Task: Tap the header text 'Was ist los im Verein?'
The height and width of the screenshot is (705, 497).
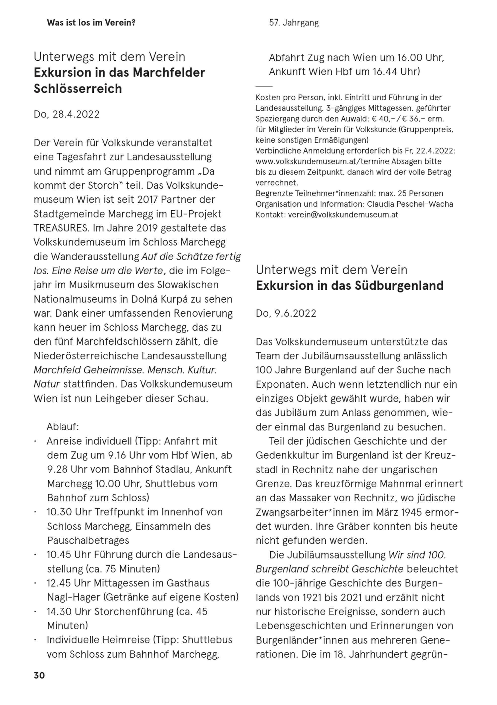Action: point(91,23)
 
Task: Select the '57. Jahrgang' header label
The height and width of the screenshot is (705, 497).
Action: point(294,23)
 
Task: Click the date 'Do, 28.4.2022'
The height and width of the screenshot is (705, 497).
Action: point(67,114)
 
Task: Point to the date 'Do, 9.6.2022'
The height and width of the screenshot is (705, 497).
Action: point(286,313)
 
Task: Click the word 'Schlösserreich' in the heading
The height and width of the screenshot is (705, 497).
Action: point(78,88)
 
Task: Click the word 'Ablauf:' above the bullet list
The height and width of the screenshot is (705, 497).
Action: point(63,426)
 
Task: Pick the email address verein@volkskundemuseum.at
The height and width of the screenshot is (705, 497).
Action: point(343,215)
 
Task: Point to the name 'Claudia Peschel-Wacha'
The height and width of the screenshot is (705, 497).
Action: point(410,204)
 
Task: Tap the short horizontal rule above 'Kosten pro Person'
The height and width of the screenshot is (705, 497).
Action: point(264,87)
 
